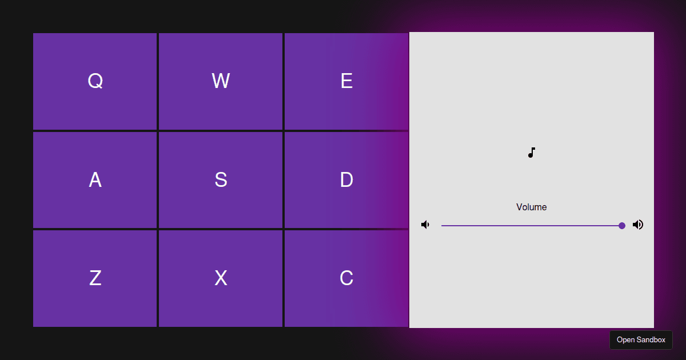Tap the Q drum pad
point(95,81)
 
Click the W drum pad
point(221,81)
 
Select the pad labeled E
point(346,81)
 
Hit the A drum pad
point(95,180)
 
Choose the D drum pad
point(346,180)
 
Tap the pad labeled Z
point(95,278)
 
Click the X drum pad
point(221,278)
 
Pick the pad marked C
point(346,278)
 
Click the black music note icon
point(532,153)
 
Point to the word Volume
point(532,207)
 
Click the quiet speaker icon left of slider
point(425,225)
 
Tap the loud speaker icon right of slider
point(638,225)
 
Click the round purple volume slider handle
point(622,226)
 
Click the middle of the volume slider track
point(532,226)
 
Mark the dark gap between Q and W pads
point(158,81)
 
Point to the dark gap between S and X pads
point(221,229)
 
